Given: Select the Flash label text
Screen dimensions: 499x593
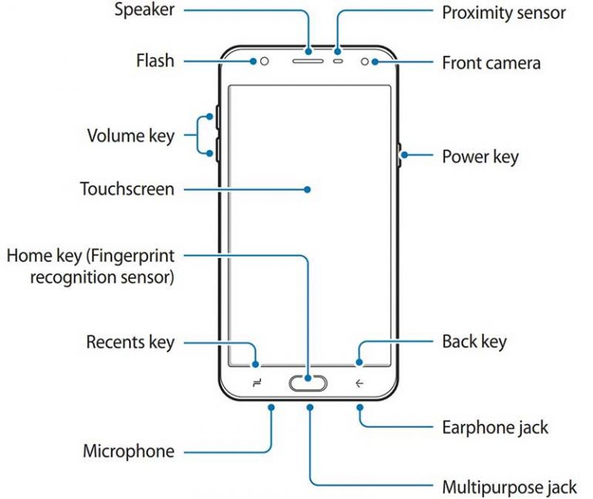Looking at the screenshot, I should [x=155, y=60].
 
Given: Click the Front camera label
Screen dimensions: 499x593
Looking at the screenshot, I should [x=490, y=63].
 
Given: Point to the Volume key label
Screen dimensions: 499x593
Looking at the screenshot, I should [x=130, y=137].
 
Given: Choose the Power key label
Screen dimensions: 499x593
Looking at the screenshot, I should [x=479, y=156].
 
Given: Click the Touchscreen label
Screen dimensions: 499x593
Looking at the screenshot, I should [x=127, y=188].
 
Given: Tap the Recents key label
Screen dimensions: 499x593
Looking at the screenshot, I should [x=130, y=341].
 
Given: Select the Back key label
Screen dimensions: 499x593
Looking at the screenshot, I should [x=474, y=341].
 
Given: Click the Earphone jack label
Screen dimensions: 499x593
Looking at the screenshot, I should [x=495, y=426].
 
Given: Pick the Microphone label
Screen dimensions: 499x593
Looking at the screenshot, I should [x=128, y=451].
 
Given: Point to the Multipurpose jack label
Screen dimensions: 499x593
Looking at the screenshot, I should [x=509, y=487].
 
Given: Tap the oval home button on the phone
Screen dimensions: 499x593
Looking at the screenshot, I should [x=309, y=382].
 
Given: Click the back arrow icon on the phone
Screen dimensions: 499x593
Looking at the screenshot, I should [x=360, y=382].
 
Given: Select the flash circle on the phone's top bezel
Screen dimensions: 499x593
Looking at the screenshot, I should [x=265, y=61].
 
